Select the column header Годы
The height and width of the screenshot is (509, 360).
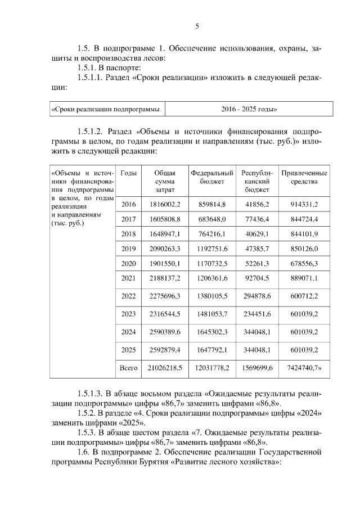pos(129,173)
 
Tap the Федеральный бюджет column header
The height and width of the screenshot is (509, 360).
pos(211,178)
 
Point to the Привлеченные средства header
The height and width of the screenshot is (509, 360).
pos(304,178)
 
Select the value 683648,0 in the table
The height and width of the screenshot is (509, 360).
pos(211,219)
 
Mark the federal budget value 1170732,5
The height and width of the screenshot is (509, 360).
pos(211,263)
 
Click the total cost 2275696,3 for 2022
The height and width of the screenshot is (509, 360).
pos(165,296)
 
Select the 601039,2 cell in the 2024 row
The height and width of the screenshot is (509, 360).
pos(304,332)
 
